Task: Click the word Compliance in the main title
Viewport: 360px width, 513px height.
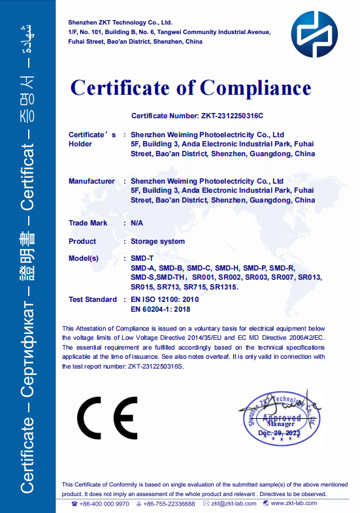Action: (255, 88)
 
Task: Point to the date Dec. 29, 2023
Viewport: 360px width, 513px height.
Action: (280, 433)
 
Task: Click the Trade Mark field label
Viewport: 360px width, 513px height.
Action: (88, 223)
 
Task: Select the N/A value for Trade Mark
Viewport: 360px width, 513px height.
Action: (137, 223)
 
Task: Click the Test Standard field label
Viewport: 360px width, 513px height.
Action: (92, 299)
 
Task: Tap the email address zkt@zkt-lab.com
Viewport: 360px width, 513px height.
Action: (233, 503)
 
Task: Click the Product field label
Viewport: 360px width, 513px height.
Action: (82, 241)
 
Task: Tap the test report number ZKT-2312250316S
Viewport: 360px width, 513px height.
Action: (156, 367)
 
